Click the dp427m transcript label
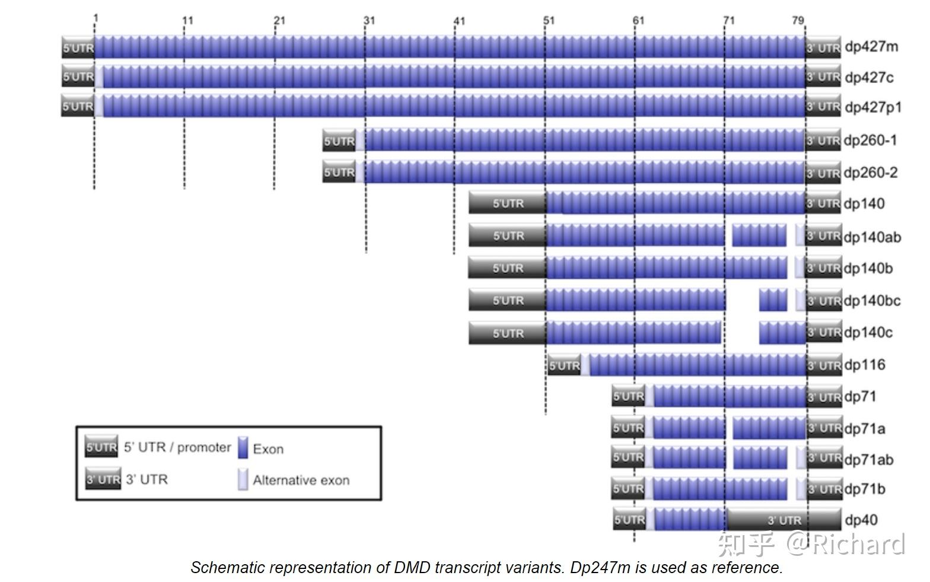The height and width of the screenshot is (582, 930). point(871,46)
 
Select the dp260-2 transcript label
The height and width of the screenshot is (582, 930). point(870,173)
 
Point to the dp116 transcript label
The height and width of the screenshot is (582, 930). point(865,364)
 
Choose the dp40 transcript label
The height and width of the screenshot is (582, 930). point(861,520)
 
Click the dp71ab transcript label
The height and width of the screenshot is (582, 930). point(868,459)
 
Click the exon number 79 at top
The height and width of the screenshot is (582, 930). point(798,20)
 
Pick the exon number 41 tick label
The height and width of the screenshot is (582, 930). point(459,21)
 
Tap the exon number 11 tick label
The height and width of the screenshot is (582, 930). point(187,20)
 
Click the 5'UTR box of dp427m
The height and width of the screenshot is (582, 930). point(78,47)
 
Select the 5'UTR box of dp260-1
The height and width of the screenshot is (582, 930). point(339,141)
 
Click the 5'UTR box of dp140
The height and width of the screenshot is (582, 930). point(507,203)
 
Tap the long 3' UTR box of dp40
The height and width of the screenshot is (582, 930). point(784,520)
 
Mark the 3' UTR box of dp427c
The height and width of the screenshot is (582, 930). point(823,77)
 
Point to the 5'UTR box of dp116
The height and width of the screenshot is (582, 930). point(563,365)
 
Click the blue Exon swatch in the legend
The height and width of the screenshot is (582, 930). point(242,448)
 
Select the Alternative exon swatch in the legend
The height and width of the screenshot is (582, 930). point(242,479)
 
